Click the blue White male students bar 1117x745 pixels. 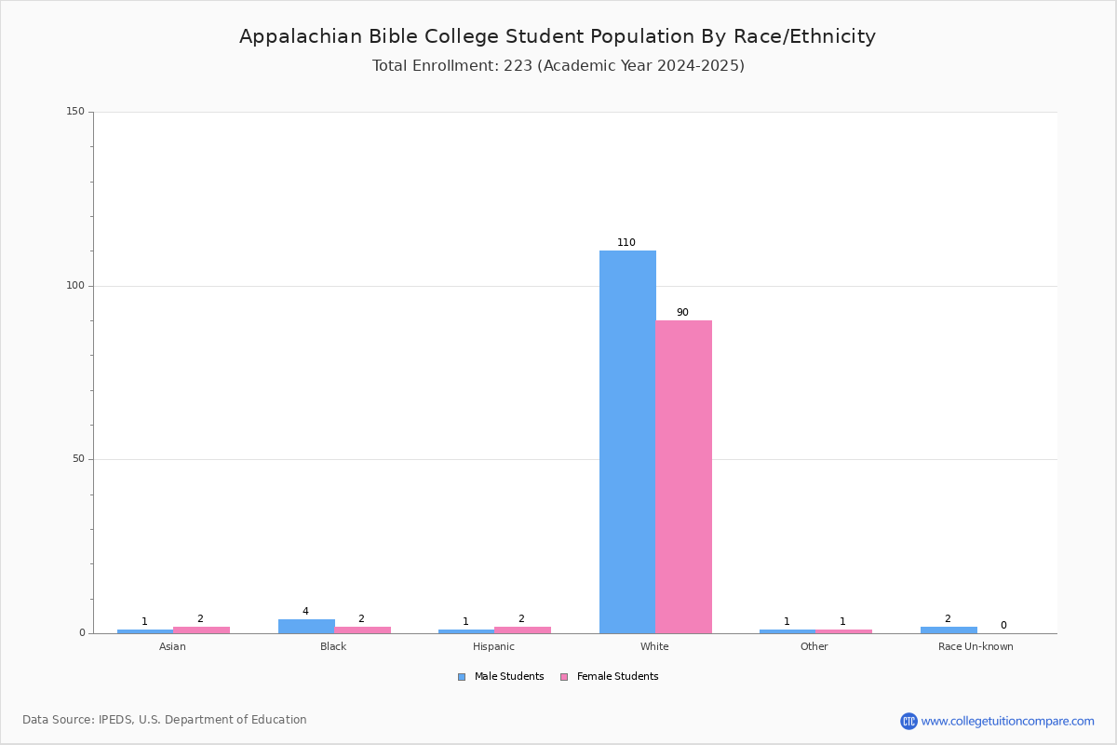click(x=627, y=441)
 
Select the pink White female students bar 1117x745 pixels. click(x=683, y=477)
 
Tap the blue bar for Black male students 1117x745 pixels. click(x=306, y=626)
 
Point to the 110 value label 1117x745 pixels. click(x=626, y=243)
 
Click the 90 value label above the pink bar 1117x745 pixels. click(x=682, y=313)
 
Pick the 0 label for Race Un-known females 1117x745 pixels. click(x=1003, y=626)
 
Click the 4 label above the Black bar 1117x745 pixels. click(x=305, y=612)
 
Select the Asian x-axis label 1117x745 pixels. click(x=172, y=647)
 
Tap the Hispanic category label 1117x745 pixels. click(x=493, y=647)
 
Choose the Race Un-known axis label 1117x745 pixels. click(x=976, y=647)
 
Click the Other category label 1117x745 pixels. click(x=814, y=647)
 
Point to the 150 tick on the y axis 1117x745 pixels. click(x=74, y=112)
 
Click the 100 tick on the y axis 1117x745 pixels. click(x=74, y=286)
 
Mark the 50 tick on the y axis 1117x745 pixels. click(x=77, y=459)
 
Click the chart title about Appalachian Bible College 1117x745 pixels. click(x=558, y=36)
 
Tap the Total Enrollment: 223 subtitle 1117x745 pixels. click(x=558, y=66)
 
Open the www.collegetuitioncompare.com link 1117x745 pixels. click(x=1007, y=721)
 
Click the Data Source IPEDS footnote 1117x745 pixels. click(x=165, y=720)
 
